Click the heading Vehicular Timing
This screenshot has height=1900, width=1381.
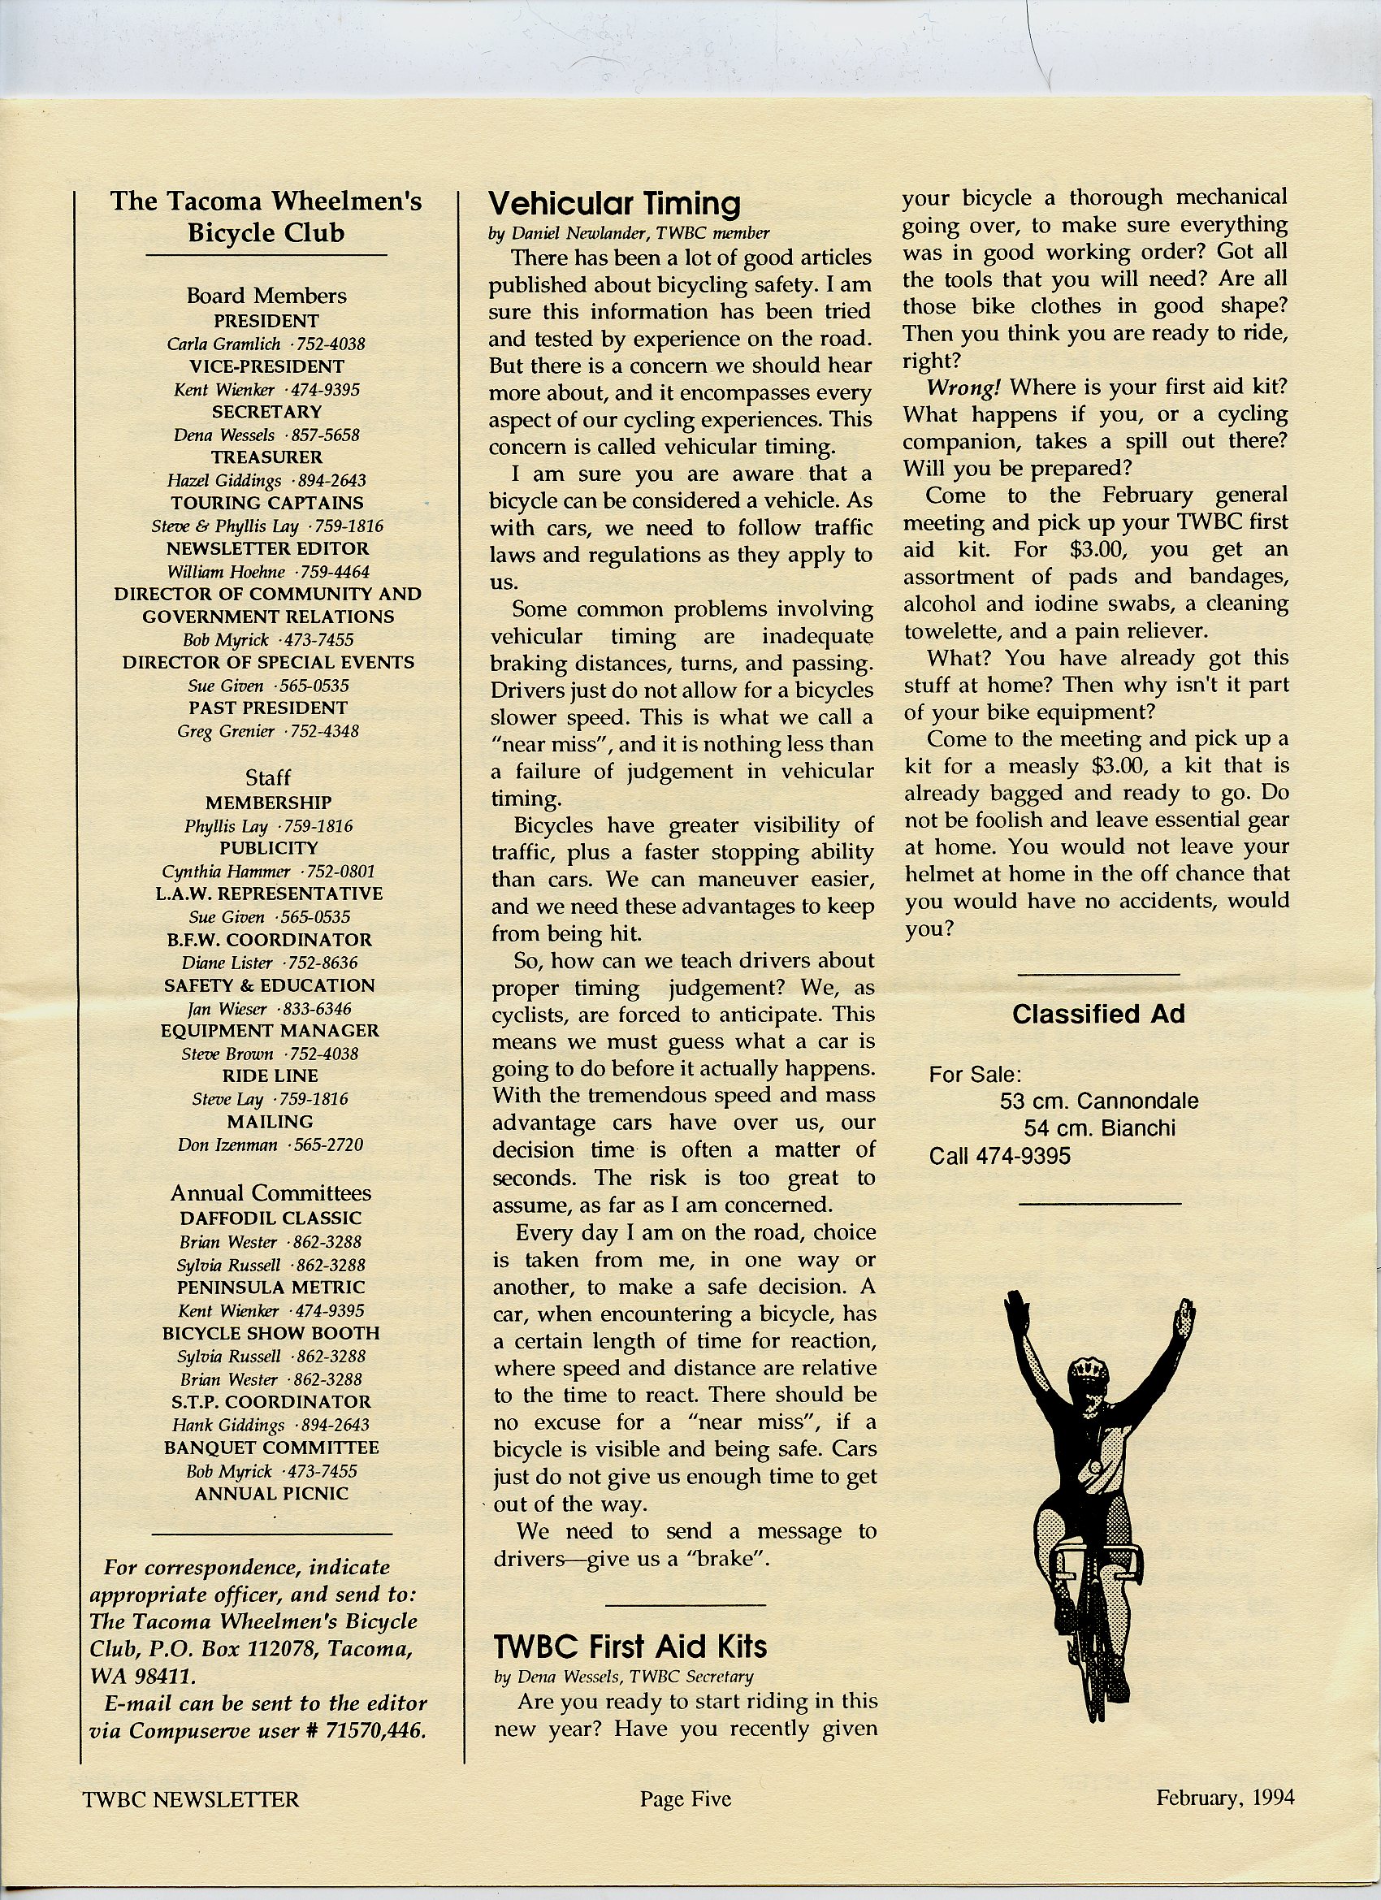point(614,204)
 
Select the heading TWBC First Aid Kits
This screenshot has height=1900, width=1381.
point(630,1647)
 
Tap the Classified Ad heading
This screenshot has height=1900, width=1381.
point(1097,1014)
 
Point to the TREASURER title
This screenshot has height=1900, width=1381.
point(266,457)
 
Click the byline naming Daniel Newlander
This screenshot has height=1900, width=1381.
point(629,234)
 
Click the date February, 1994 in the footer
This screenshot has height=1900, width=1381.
point(1224,1798)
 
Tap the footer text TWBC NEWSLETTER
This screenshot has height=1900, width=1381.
point(190,1798)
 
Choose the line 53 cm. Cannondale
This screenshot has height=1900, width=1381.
point(1098,1101)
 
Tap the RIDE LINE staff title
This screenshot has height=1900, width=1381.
point(268,1076)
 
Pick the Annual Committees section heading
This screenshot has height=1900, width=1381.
point(270,1193)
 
